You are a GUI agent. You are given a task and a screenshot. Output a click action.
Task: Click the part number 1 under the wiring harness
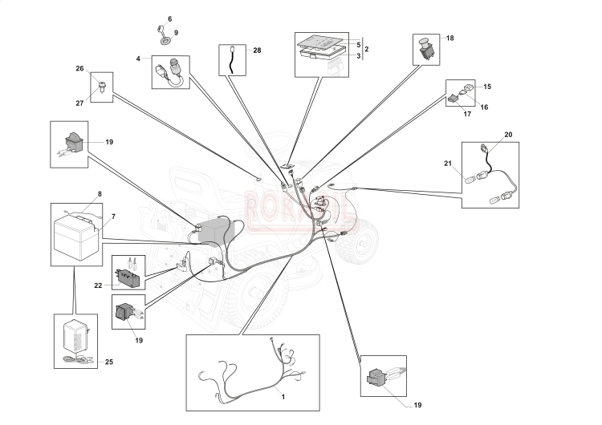point(282,396)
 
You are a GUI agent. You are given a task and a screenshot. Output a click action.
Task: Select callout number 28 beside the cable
point(257,51)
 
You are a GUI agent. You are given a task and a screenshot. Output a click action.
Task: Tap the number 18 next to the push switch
point(449,38)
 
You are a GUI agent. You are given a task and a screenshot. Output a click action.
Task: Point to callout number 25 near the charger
point(108,362)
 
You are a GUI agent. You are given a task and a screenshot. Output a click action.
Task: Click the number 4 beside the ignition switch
point(138,59)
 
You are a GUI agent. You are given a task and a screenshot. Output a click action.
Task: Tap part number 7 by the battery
point(112,217)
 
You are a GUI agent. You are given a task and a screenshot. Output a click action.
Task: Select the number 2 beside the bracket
point(366,50)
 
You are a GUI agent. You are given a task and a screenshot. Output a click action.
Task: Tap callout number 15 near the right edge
point(486,86)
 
